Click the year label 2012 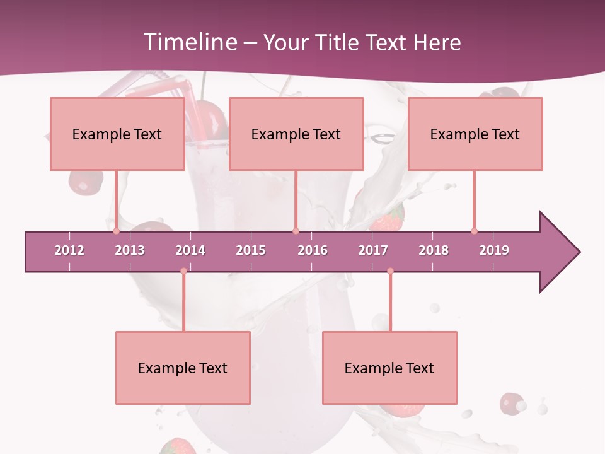click(x=69, y=250)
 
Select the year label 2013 click(x=130, y=250)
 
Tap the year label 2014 click(x=190, y=250)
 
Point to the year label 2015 click(x=251, y=250)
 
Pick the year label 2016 click(x=313, y=250)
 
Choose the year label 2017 click(x=373, y=250)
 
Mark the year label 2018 click(x=434, y=250)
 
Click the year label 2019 click(x=494, y=250)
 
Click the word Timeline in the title click(x=189, y=42)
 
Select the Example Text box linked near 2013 click(x=117, y=134)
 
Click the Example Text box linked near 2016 click(x=296, y=134)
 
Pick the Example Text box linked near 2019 click(x=475, y=134)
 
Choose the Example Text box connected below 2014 click(x=183, y=368)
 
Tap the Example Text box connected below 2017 click(x=389, y=368)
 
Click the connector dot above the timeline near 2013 click(x=117, y=231)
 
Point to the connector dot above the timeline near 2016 click(x=296, y=231)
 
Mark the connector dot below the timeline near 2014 click(x=183, y=271)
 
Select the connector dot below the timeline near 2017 click(x=390, y=271)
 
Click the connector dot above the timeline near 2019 click(x=474, y=231)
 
